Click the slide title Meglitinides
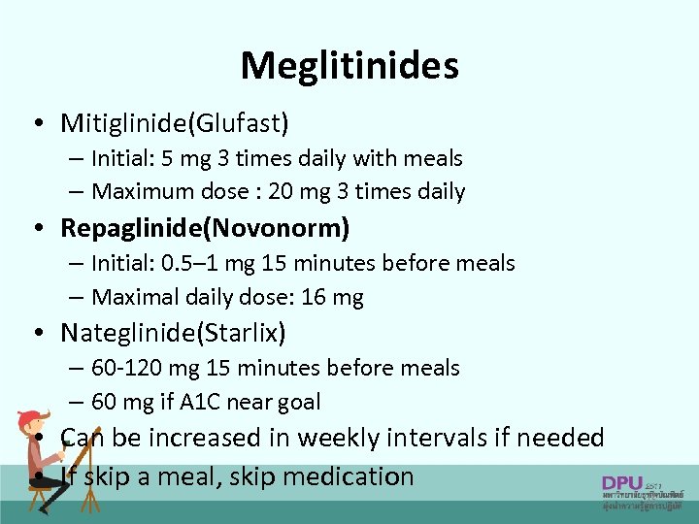(x=349, y=66)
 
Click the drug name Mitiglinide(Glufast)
(x=175, y=123)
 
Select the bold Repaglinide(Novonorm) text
(x=205, y=228)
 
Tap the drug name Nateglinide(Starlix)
(x=173, y=334)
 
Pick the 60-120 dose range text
(x=126, y=369)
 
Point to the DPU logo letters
(x=622, y=482)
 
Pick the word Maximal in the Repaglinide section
(x=129, y=298)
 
